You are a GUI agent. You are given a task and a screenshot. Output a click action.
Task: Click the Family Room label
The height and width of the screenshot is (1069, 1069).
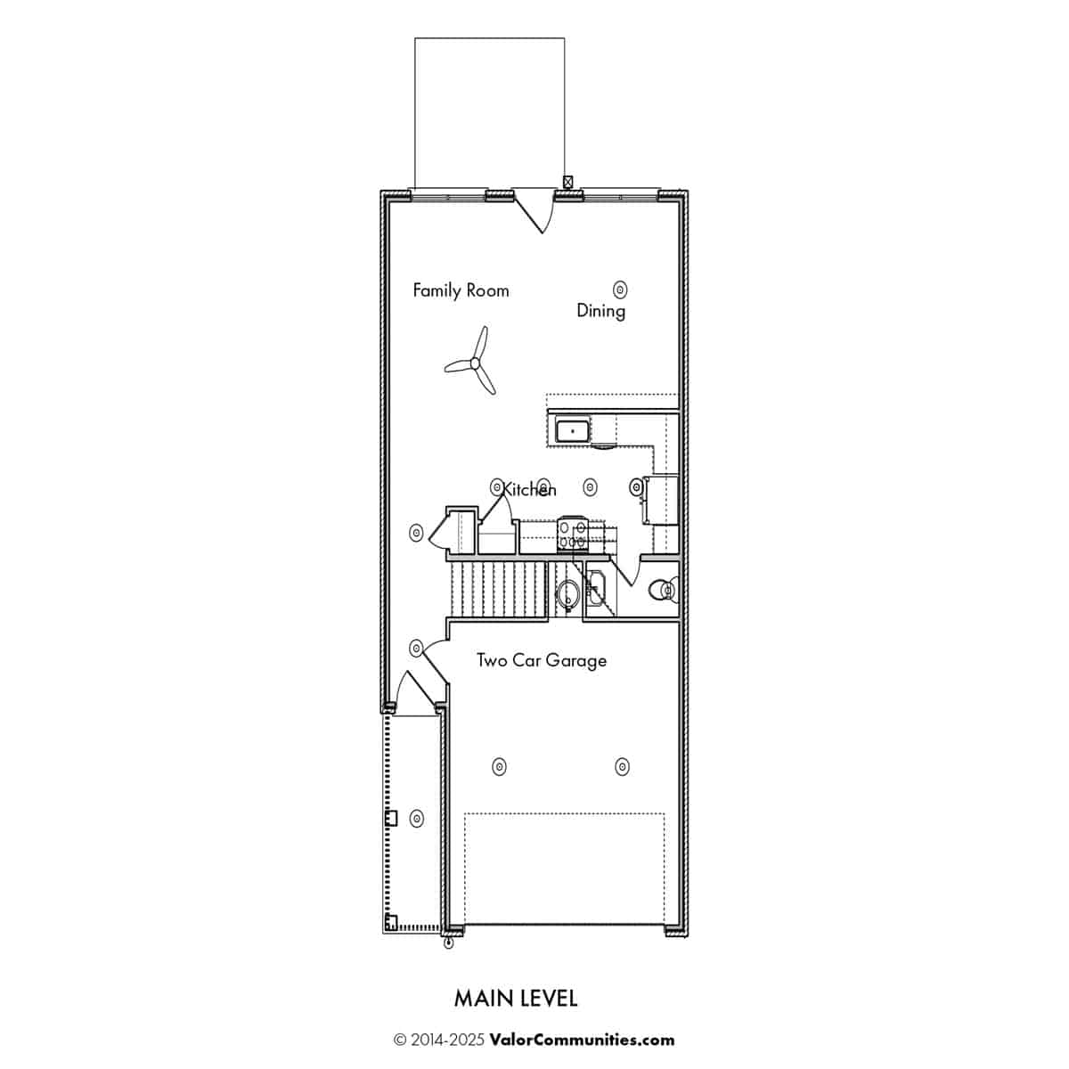pyautogui.click(x=461, y=290)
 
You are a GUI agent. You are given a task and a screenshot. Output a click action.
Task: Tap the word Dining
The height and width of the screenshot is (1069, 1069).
pyautogui.click(x=600, y=311)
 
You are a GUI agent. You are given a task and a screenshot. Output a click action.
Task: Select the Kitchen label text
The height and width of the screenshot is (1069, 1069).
pyautogui.click(x=528, y=489)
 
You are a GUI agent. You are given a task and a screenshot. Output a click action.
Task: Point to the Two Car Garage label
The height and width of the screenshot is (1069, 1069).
pyautogui.click(x=542, y=660)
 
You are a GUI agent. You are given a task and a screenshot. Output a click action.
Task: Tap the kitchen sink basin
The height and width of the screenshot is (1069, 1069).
pyautogui.click(x=572, y=430)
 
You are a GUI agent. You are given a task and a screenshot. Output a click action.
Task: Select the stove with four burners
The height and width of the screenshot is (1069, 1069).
pyautogui.click(x=573, y=534)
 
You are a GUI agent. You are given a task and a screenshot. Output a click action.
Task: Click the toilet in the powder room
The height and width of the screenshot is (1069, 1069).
pyautogui.click(x=664, y=589)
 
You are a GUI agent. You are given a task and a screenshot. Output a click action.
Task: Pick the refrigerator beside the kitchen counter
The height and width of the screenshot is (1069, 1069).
pyautogui.click(x=661, y=499)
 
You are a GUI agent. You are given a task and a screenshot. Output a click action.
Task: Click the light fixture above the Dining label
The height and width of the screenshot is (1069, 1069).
pyautogui.click(x=620, y=289)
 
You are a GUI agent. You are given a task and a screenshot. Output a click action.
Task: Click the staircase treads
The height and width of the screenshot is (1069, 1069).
pyautogui.click(x=499, y=589)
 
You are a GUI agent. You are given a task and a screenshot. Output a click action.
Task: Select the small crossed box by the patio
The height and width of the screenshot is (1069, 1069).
pyautogui.click(x=567, y=182)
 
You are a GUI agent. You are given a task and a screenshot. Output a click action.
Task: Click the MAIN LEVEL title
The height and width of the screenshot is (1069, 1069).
pyautogui.click(x=516, y=999)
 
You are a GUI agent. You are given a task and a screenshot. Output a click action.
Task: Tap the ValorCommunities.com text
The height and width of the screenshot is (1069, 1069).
pyautogui.click(x=582, y=1040)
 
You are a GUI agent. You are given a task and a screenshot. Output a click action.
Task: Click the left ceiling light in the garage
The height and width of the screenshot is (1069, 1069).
pyautogui.click(x=499, y=767)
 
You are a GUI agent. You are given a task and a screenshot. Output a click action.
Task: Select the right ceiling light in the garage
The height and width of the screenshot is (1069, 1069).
pyautogui.click(x=623, y=767)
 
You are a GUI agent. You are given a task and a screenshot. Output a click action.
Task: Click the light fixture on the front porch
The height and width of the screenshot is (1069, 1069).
pyautogui.click(x=417, y=819)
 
